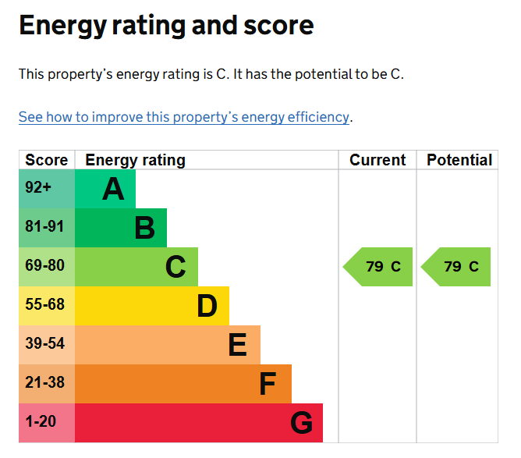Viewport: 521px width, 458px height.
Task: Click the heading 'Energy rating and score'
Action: (166, 26)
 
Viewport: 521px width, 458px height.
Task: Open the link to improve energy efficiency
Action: (183, 117)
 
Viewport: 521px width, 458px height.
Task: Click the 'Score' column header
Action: (47, 160)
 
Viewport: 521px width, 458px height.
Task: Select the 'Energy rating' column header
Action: (135, 160)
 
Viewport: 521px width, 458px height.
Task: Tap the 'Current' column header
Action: (377, 160)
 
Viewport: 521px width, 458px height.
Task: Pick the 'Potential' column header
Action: (459, 160)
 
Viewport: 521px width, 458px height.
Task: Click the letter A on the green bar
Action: (113, 189)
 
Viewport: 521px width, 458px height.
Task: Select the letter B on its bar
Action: (144, 228)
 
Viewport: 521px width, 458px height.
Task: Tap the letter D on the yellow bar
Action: (207, 306)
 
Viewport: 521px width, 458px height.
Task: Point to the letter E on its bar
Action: (238, 345)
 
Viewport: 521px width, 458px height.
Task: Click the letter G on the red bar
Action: (301, 423)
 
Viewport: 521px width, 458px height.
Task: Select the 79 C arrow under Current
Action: (379, 267)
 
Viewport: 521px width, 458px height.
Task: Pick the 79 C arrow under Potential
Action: (457, 267)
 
